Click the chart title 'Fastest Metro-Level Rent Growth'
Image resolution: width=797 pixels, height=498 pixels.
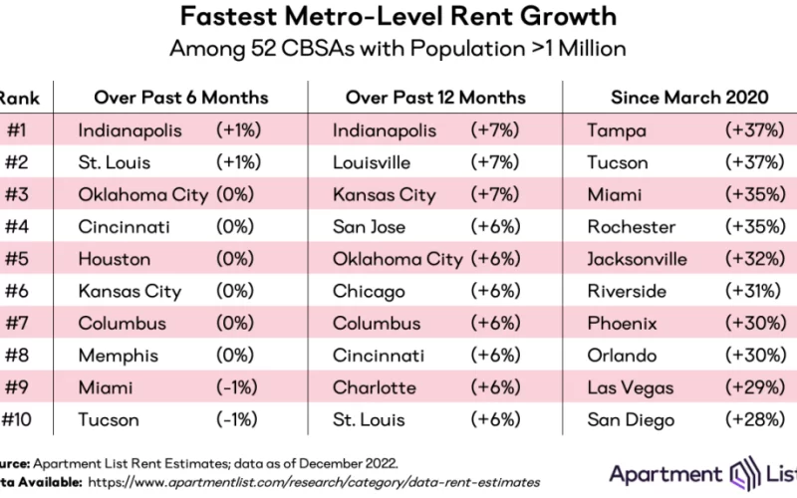[398, 17]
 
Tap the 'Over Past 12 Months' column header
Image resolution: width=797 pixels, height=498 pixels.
[436, 97]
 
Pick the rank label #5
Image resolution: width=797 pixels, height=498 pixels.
[17, 259]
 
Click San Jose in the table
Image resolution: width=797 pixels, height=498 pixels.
[369, 227]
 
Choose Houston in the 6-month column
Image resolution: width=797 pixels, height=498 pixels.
[115, 259]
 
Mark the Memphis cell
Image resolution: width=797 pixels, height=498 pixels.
[118, 356]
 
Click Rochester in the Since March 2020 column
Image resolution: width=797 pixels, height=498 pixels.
[633, 227]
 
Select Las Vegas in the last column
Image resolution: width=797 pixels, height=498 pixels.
[632, 387]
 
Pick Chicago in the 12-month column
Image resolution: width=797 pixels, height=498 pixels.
[369, 291]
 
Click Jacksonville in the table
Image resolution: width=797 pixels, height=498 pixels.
[638, 259]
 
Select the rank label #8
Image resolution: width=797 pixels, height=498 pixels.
[17, 356]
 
